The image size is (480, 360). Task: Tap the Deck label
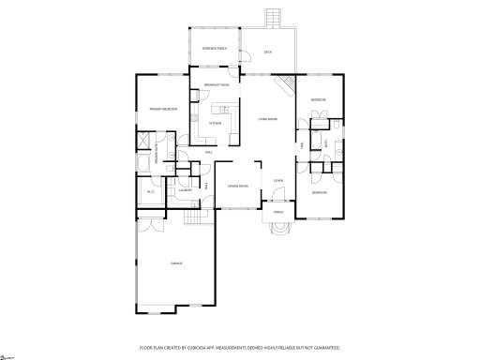(268, 52)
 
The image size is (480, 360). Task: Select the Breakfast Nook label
(217, 85)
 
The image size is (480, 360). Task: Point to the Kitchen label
(215, 122)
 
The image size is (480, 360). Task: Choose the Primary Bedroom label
(163, 109)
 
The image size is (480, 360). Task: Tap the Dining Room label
(237, 186)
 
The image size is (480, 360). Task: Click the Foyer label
(278, 180)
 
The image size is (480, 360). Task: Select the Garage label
(176, 263)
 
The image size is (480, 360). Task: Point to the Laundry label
(185, 190)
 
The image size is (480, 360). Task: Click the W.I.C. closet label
(150, 192)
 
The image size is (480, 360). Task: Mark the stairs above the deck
(275, 19)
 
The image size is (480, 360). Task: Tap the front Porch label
(278, 212)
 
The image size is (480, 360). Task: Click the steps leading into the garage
(195, 217)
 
